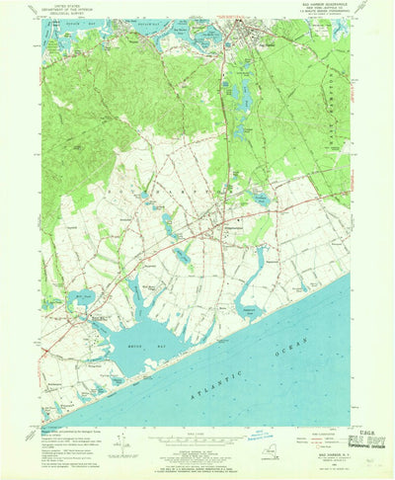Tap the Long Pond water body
[x=242, y=96]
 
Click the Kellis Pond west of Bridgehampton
[x=183, y=256]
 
